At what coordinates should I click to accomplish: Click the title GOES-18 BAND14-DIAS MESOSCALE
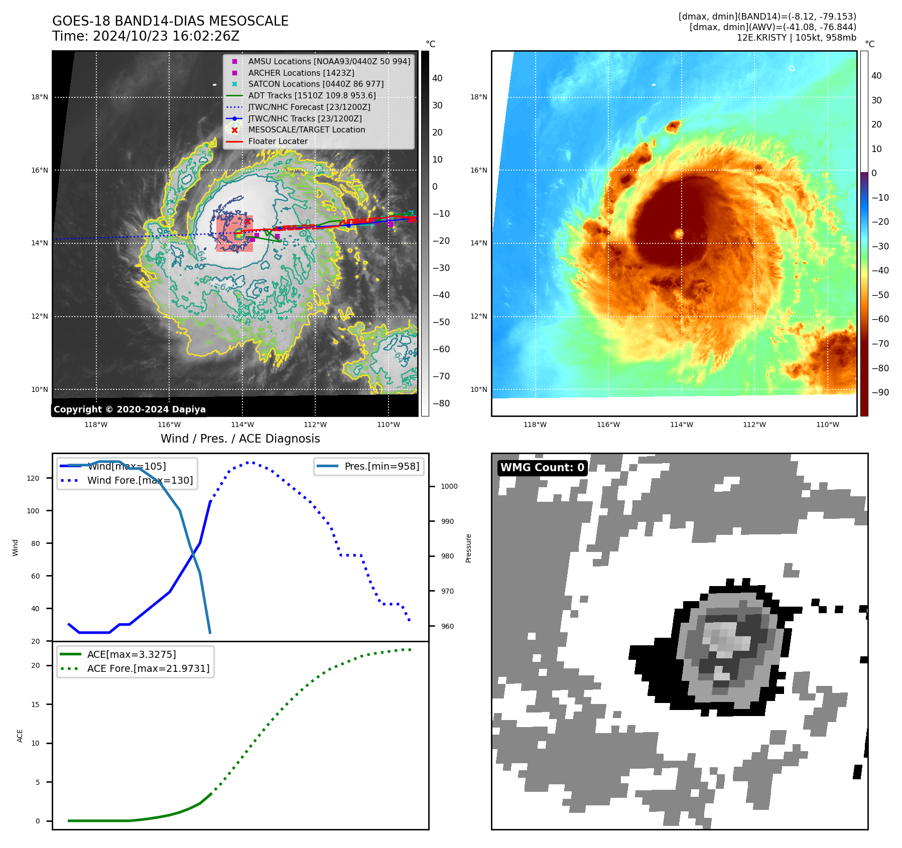click(x=170, y=21)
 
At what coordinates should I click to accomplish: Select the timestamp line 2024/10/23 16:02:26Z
click(x=166, y=37)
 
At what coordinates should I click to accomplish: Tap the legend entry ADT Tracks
click(x=311, y=95)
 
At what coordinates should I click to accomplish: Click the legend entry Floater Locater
click(x=278, y=142)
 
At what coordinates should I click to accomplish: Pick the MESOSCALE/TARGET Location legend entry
click(x=306, y=130)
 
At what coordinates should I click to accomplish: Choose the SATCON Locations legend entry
click(x=315, y=84)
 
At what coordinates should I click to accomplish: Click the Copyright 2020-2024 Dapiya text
click(x=130, y=409)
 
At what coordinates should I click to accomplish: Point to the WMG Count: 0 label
click(x=542, y=468)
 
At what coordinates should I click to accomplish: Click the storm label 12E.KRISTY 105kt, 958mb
click(x=796, y=38)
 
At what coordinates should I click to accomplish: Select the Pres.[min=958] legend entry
click(x=381, y=467)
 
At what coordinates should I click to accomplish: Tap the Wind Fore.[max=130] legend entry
click(x=140, y=481)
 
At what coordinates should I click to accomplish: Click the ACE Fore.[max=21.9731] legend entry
click(x=148, y=668)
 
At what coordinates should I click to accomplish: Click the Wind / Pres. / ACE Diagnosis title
click(x=240, y=439)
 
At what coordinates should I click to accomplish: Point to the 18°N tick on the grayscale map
click(x=40, y=97)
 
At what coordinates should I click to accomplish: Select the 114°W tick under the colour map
click(x=681, y=425)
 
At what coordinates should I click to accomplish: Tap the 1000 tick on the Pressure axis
click(x=449, y=486)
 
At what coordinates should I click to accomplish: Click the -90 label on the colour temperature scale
click(x=880, y=392)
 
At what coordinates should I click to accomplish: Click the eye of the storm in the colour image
click(x=679, y=233)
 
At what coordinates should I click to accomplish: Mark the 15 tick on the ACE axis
click(x=35, y=704)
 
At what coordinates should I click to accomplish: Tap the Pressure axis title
click(x=468, y=548)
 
